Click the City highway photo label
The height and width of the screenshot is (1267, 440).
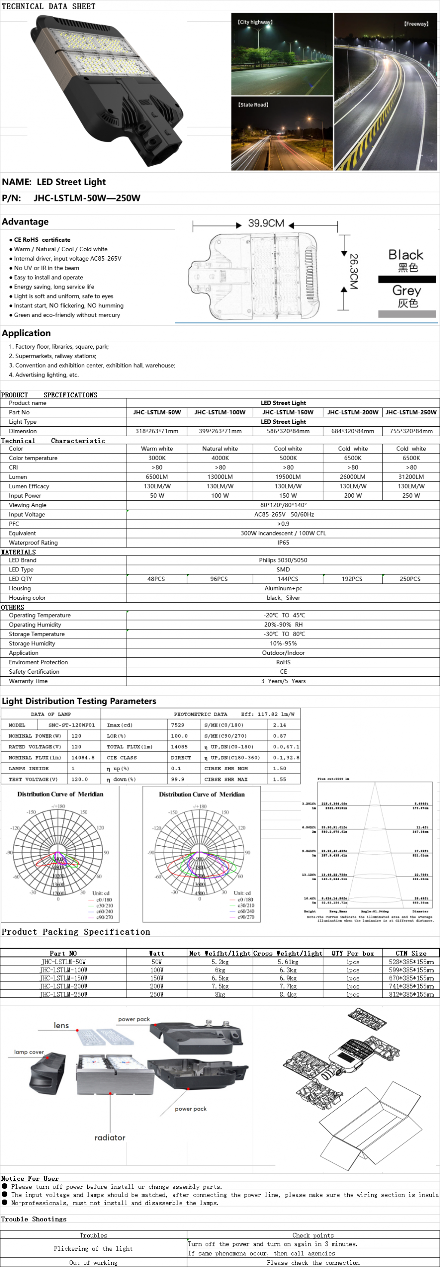coord(255,22)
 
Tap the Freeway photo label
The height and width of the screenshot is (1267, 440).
coord(416,24)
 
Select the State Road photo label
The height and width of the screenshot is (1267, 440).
coord(254,105)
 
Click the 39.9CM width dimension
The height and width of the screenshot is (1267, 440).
coord(266,223)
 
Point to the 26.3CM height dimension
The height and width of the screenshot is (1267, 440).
coord(353,271)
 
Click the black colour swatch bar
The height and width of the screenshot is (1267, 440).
coord(407,280)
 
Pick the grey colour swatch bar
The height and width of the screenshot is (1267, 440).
coord(407,314)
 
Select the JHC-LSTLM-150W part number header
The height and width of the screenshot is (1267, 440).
coord(288,412)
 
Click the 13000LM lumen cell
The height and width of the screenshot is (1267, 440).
coord(220,477)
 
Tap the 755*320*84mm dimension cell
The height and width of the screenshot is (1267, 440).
coord(411,431)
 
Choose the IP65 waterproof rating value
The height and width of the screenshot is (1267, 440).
coord(283,543)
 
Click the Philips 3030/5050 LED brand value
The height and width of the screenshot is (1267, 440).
coord(283,560)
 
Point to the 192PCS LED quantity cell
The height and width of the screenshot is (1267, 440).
coord(352,579)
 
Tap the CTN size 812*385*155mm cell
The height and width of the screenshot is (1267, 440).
coord(411,994)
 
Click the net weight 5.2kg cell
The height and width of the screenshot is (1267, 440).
coord(220,962)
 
